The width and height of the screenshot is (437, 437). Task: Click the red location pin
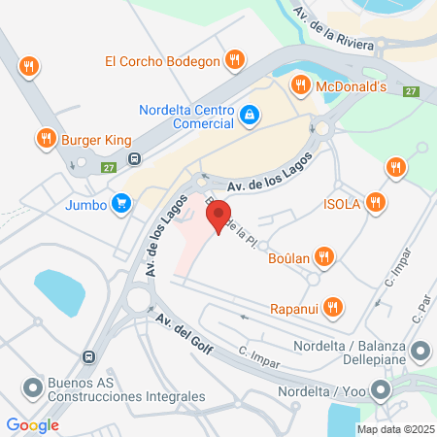click(218, 215)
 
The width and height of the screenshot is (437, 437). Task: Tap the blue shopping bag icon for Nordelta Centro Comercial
click(251, 115)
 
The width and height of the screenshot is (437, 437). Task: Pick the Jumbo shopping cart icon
click(120, 203)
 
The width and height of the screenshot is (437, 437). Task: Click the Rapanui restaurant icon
click(334, 306)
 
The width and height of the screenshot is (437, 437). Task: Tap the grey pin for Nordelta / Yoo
click(381, 391)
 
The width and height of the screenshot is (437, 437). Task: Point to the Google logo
click(33, 425)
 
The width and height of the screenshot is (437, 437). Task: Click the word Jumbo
click(85, 204)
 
